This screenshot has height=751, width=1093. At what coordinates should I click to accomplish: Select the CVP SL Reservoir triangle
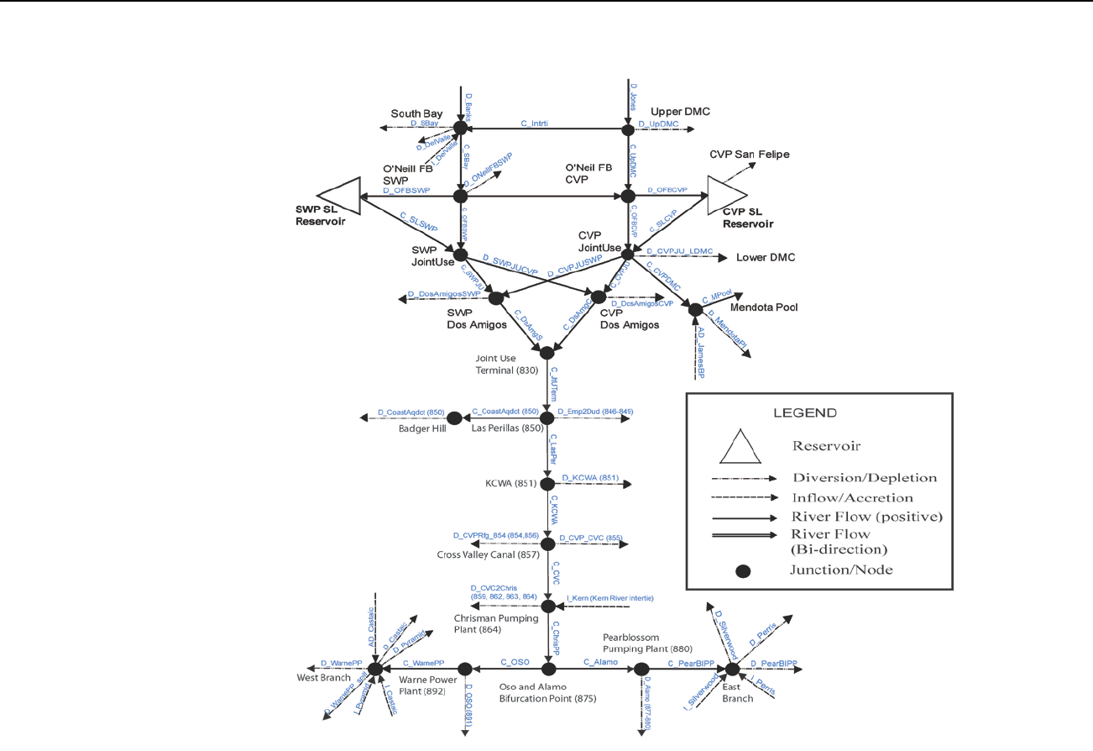click(724, 196)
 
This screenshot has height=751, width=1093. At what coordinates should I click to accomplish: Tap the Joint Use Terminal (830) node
click(547, 353)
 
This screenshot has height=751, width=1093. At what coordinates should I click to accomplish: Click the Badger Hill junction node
click(455, 418)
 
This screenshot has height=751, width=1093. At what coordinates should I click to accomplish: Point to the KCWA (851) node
click(547, 484)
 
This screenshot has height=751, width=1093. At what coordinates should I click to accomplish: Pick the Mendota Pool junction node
click(695, 310)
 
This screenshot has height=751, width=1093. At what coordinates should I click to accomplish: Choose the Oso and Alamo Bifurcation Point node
click(548, 669)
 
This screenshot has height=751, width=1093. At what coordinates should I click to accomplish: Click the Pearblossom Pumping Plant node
click(642, 669)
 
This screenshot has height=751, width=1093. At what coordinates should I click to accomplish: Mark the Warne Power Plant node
click(465, 669)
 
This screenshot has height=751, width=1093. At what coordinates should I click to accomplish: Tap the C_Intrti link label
click(534, 123)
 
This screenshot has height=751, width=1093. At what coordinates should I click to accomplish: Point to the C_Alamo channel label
click(600, 662)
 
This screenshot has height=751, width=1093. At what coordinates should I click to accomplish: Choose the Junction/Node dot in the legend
click(741, 571)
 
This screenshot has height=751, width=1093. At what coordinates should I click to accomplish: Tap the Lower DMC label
click(765, 258)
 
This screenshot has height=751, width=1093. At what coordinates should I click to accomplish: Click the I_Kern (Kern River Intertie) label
click(609, 597)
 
